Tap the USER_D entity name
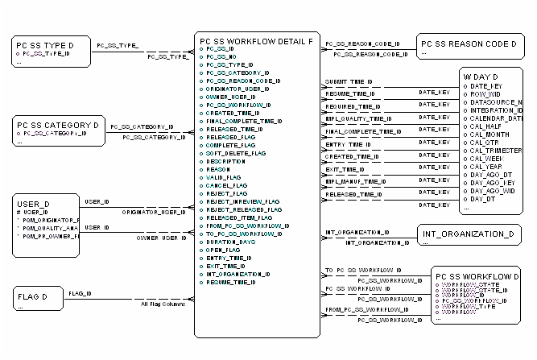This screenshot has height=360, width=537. coord(34,204)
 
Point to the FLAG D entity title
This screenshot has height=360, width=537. coord(31,296)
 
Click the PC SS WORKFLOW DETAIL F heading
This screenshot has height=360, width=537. coord(255,40)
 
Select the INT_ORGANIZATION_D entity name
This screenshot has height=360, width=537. coord(467,234)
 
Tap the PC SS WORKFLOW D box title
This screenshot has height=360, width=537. coord(477,277)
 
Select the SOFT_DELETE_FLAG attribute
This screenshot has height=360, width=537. coord(234,153)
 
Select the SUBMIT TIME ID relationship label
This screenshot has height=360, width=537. coord(348,82)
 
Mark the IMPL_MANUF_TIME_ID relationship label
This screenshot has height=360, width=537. coord(353,182)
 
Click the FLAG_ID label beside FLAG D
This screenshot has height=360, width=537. coord(79,293)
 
